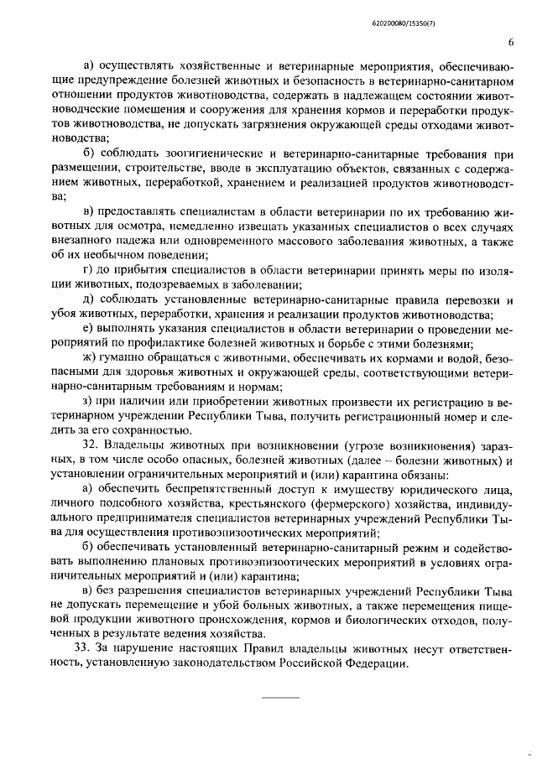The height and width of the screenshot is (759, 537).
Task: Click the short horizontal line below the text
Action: [x=281, y=697]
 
